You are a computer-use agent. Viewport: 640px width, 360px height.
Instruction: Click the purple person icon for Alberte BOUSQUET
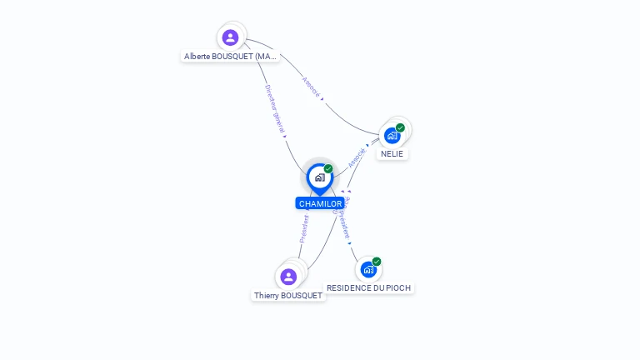[231, 37]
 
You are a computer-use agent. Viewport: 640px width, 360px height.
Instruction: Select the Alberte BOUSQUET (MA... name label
[231, 57]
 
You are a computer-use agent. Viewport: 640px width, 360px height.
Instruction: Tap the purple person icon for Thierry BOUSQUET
[288, 277]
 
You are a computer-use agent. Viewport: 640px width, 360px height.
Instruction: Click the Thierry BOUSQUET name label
[288, 296]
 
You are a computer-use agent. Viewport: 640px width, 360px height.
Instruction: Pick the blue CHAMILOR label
[320, 203]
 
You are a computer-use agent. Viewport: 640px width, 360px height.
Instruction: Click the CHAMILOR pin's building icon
[319, 177]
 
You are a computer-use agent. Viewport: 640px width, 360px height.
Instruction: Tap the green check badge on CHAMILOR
[328, 169]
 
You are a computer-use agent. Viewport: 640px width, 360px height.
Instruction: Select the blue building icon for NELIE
[392, 135]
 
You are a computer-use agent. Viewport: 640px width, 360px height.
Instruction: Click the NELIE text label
[392, 154]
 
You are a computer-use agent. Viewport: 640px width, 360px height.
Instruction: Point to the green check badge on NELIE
[400, 127]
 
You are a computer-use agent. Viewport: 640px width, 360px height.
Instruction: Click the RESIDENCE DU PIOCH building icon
[368, 269]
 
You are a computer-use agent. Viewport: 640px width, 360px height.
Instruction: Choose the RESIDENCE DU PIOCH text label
[368, 287]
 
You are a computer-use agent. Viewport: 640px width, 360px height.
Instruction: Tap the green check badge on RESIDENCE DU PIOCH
[377, 262]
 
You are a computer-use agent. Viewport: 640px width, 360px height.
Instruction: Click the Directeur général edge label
[275, 108]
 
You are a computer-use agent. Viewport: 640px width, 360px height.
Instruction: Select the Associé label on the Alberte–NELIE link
[310, 88]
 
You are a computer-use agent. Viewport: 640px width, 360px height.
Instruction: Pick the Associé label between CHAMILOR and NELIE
[357, 157]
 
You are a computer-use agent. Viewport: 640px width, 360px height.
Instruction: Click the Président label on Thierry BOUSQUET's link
[304, 229]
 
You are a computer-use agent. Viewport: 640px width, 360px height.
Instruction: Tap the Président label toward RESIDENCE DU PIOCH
[344, 218]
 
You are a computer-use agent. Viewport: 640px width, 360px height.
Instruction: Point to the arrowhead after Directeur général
[284, 136]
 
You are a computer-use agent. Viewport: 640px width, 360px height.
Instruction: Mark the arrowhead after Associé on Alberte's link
[322, 99]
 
